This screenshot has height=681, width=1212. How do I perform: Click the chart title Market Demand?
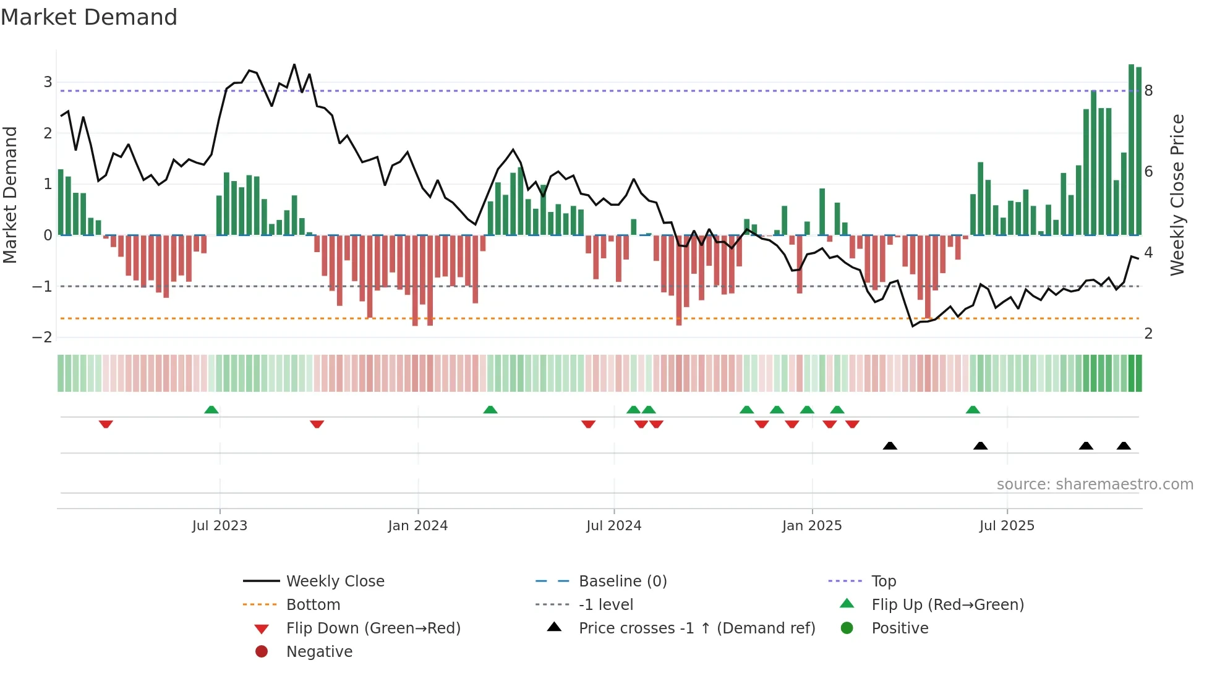89,17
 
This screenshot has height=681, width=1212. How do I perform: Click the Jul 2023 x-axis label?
220,526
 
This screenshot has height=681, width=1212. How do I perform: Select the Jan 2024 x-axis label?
418,526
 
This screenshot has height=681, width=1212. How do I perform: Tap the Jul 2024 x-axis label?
614,526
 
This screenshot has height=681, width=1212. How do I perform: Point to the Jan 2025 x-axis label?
812,526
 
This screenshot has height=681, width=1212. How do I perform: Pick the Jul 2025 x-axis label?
1007,526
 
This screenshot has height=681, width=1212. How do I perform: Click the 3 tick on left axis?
48,82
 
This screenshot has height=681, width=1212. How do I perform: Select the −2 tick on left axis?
42,337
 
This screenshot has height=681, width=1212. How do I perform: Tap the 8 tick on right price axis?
1148,91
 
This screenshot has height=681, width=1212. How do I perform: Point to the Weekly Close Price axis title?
1177,195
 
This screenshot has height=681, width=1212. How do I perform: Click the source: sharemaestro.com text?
1095,484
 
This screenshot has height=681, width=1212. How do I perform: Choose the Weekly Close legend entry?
335,582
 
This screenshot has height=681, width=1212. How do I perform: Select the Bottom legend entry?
313,605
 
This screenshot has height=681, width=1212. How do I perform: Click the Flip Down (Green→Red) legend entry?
373,628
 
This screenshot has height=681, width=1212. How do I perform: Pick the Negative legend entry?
319,652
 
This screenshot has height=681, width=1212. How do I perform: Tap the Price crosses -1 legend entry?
697,628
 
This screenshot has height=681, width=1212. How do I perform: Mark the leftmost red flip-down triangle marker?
106,424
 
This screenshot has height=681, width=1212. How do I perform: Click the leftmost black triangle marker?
890,446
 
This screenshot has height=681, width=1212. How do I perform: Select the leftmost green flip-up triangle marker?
211,410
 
